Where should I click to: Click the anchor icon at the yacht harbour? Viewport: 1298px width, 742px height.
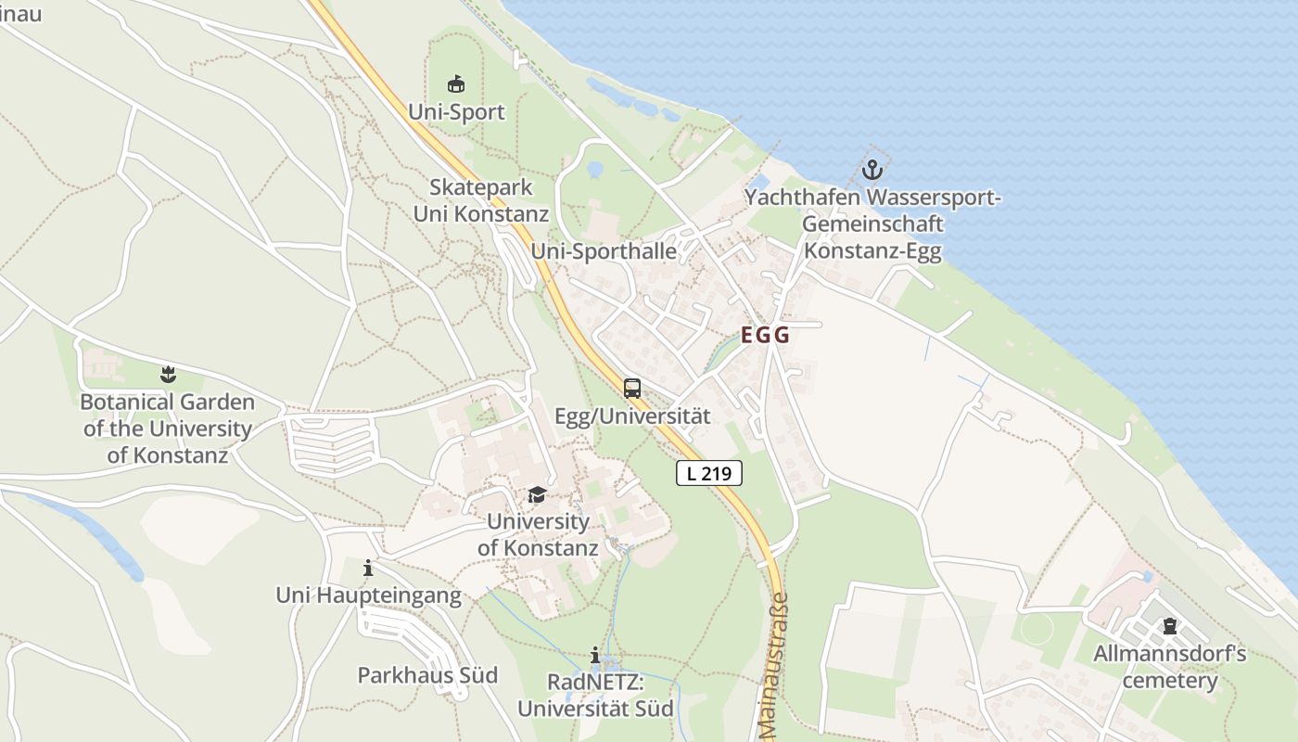[x=872, y=170]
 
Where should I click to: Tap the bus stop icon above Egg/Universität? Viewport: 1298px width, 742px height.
[x=632, y=389]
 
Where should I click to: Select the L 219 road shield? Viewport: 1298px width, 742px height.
[x=709, y=473]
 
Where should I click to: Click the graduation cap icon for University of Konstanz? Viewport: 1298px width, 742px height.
[x=538, y=494]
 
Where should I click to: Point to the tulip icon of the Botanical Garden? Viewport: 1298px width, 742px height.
[x=168, y=375]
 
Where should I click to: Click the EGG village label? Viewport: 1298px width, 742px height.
[x=765, y=336]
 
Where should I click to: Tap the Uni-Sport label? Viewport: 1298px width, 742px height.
[x=457, y=112]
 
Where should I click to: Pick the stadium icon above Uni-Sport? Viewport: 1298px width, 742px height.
[x=456, y=84]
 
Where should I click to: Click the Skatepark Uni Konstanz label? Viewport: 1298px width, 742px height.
[x=480, y=200]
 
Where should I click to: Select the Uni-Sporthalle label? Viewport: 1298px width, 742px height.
[x=604, y=251]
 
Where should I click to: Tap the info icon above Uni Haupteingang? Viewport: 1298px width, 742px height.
[x=368, y=568]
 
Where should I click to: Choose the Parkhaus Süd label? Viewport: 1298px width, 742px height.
[x=427, y=675]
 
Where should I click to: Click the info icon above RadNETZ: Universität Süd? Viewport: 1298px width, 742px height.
[x=595, y=657]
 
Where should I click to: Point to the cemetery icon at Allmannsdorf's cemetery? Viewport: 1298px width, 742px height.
[x=1170, y=626]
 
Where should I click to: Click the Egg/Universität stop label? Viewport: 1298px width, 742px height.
[x=632, y=416]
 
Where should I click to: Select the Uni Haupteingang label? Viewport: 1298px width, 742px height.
[x=368, y=595]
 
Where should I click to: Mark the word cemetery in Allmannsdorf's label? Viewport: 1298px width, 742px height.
[x=1170, y=682]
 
